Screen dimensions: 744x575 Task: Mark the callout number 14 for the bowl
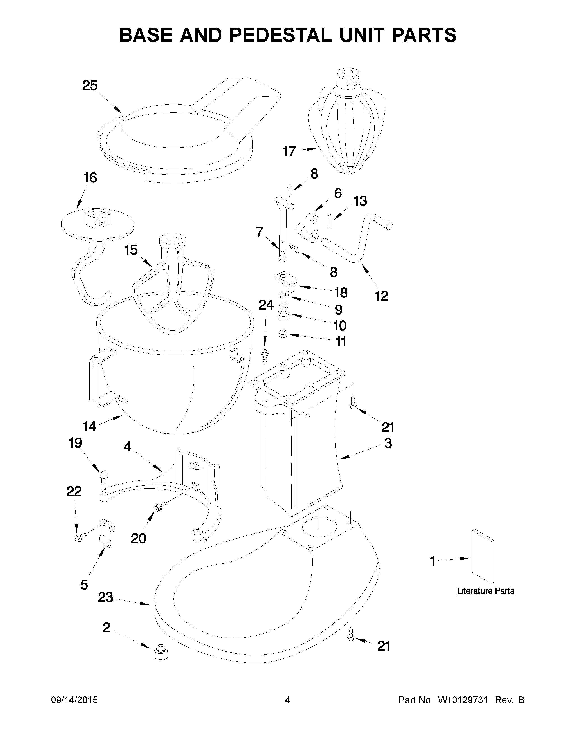(90, 426)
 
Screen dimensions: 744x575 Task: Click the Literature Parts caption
(485, 591)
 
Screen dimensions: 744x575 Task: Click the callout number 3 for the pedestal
(388, 443)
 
